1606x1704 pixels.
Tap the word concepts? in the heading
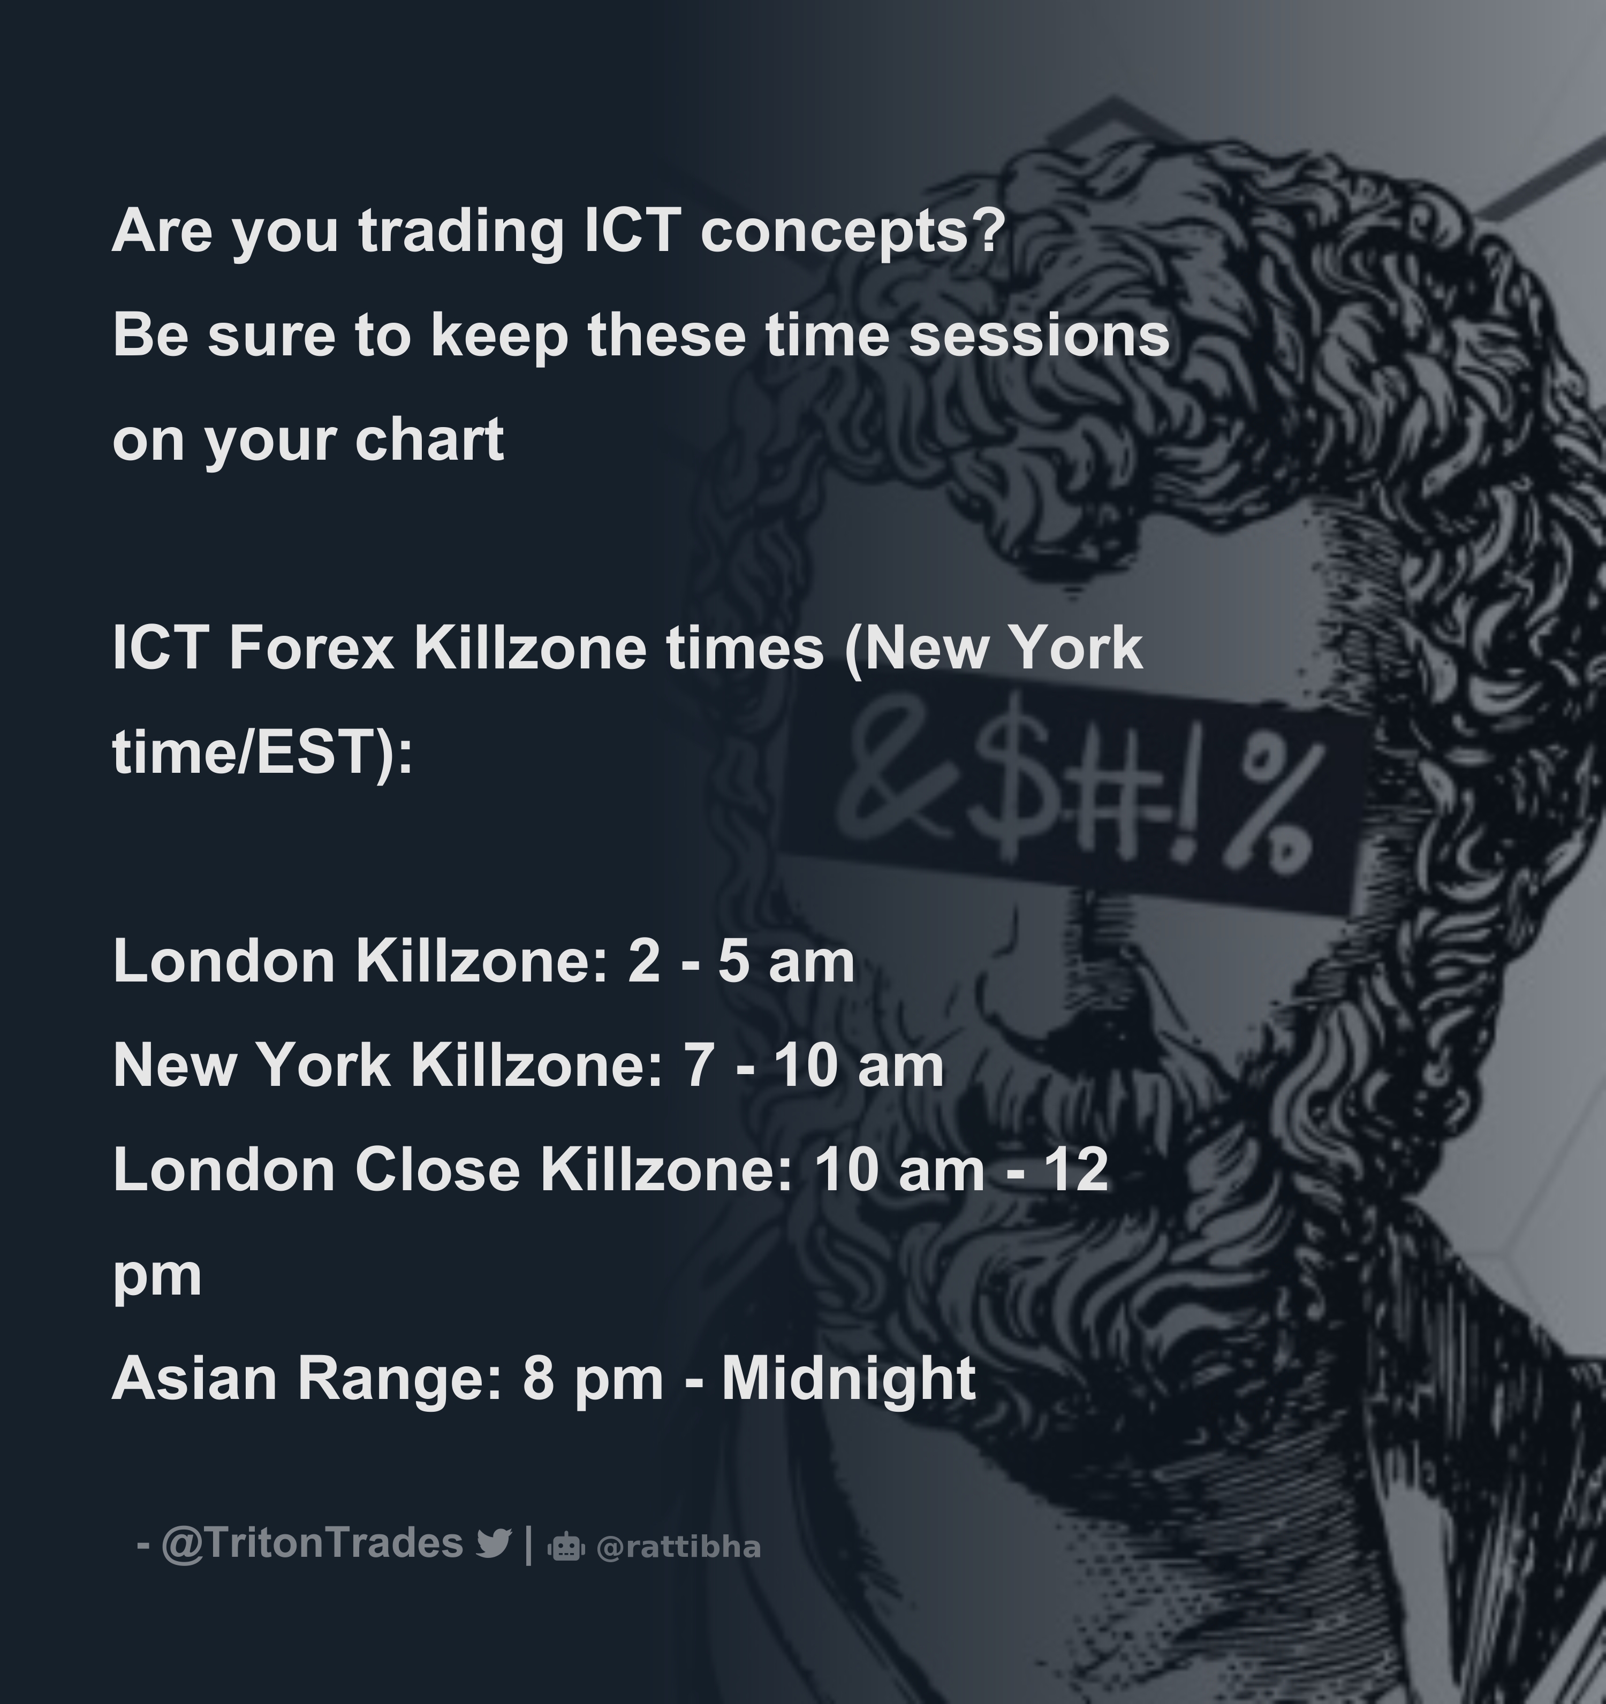pyautogui.click(x=851, y=233)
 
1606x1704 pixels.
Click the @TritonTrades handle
pyautogui.click(x=312, y=1543)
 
